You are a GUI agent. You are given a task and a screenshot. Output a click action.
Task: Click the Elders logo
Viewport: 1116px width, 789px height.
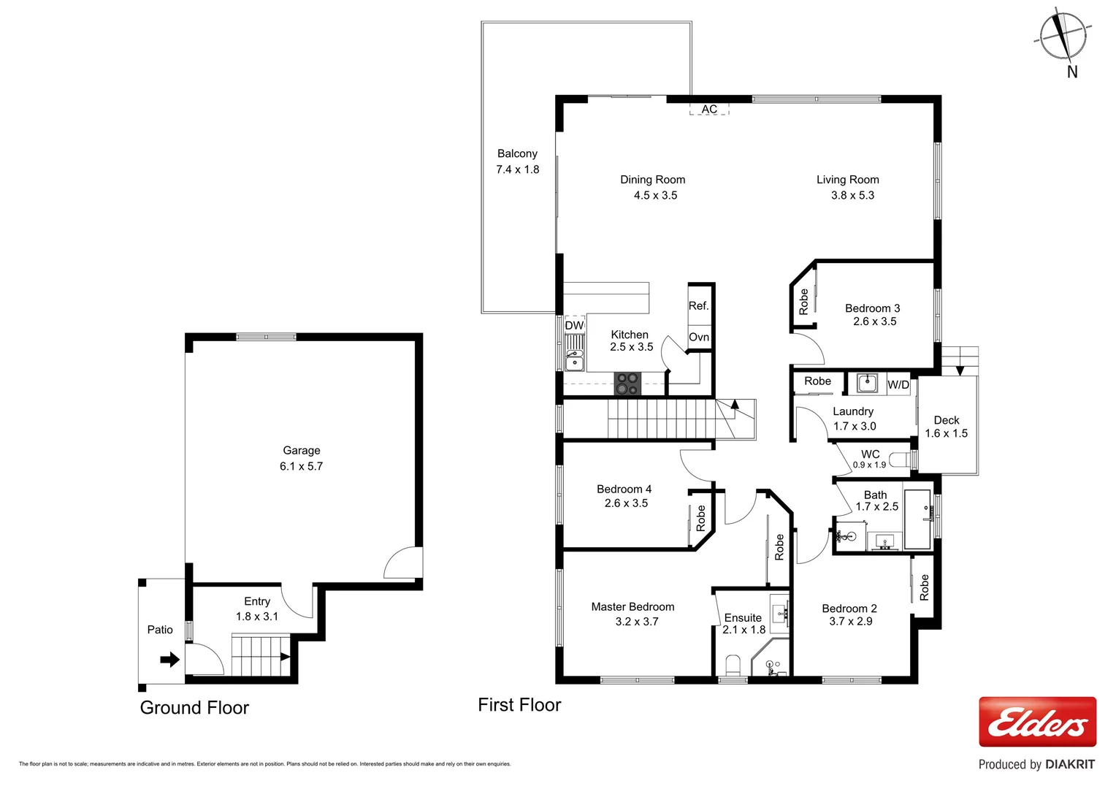[1037, 722]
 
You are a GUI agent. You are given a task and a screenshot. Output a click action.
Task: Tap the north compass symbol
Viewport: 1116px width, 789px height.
[1063, 36]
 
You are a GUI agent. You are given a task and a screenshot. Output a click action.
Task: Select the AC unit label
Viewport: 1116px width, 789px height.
[709, 110]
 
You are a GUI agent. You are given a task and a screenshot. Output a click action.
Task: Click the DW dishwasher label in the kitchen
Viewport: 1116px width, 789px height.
[574, 325]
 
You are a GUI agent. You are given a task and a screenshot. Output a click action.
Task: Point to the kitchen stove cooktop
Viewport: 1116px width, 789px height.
[627, 384]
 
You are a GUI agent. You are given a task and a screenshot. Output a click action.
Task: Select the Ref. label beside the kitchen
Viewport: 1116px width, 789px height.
[698, 306]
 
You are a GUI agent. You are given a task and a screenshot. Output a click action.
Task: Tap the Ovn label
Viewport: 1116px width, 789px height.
[699, 337]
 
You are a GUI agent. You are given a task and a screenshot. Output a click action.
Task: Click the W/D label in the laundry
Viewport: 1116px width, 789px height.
[898, 385]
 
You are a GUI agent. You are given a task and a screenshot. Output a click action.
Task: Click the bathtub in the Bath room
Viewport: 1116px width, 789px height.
[917, 519]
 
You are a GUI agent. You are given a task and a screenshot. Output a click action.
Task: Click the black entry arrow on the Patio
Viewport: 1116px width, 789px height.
[169, 660]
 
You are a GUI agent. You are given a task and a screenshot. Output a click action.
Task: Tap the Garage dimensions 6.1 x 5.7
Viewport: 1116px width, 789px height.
[301, 466]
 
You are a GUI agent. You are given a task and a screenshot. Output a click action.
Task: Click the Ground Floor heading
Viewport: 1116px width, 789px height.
[194, 708]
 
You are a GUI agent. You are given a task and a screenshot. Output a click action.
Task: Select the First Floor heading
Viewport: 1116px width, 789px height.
[519, 705]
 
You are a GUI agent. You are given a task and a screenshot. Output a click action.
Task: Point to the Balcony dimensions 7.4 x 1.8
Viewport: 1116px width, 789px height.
[517, 169]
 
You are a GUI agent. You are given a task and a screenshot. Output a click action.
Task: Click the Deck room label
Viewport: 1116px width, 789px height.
[946, 420]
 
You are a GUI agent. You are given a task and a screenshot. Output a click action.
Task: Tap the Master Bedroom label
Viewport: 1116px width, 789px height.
[632, 606]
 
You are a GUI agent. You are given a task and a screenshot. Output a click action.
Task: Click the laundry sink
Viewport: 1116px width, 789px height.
[867, 383]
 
